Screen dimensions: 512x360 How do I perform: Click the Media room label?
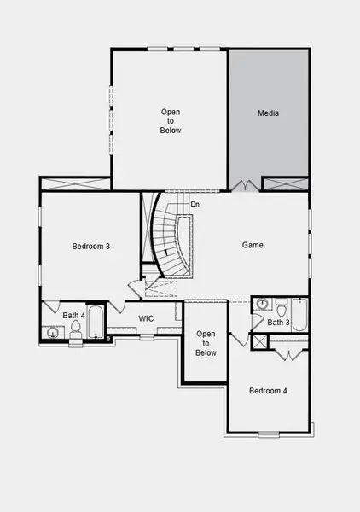coord(269,113)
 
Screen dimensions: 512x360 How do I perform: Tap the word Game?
coord(252,245)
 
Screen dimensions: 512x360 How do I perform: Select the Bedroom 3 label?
coord(90,247)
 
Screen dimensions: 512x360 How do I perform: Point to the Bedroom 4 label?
coord(268,391)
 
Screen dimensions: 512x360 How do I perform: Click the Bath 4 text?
coord(74,316)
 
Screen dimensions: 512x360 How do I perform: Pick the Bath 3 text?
coord(279,323)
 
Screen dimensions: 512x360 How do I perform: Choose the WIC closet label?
coord(146,318)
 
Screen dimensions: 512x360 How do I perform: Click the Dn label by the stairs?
coord(195,204)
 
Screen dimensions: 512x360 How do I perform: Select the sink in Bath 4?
coord(53,333)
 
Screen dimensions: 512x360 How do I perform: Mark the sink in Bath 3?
coord(262,304)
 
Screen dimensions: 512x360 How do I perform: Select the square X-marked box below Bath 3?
coord(259,340)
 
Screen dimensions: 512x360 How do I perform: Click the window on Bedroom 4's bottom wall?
coord(269,433)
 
